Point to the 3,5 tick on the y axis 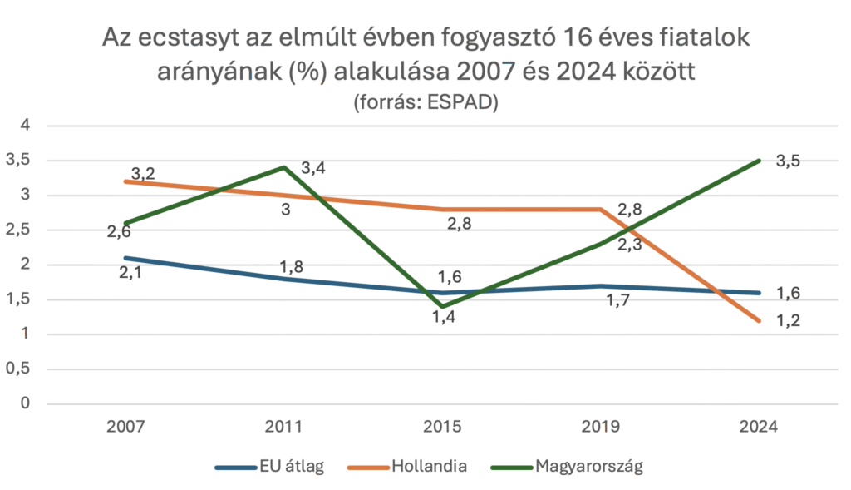[x=17, y=161]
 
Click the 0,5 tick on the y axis [x=17, y=369]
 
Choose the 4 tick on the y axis [x=24, y=126]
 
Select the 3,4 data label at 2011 [x=313, y=169]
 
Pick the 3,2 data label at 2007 [x=143, y=174]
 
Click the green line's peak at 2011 [x=284, y=167]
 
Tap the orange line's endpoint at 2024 [x=758, y=320]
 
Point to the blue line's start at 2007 [x=125, y=258]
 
